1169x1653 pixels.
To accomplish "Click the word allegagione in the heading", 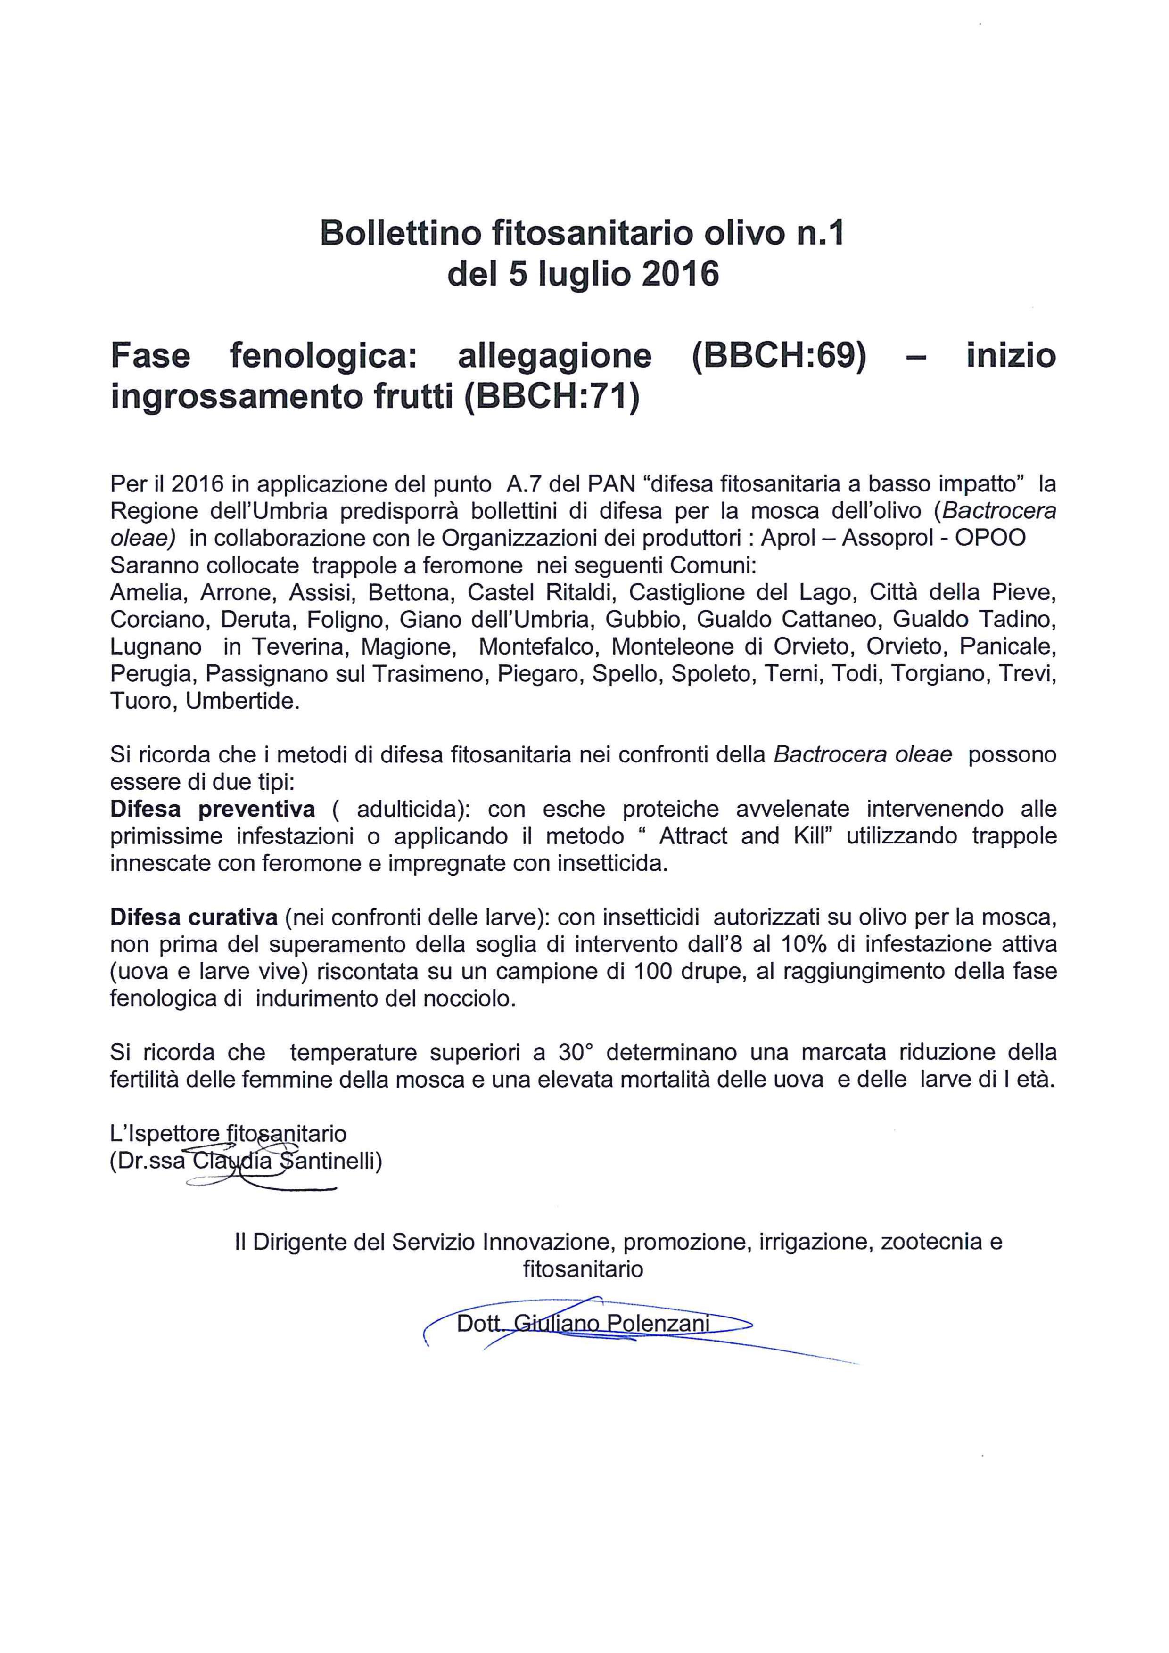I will pyautogui.click(x=554, y=356).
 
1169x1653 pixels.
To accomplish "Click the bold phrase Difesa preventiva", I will pyautogui.click(x=213, y=809).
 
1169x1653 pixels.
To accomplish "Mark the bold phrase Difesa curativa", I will pyautogui.click(x=194, y=917).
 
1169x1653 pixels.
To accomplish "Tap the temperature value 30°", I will pyautogui.click(x=574, y=1053).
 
